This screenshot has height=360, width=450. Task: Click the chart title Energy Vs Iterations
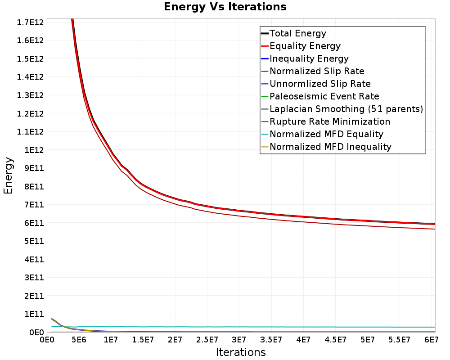click(225, 7)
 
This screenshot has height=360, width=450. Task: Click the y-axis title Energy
click(8, 175)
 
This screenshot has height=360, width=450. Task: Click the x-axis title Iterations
click(241, 352)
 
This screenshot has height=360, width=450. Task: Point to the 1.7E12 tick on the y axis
click(31, 22)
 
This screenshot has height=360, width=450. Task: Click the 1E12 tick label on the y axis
click(34, 150)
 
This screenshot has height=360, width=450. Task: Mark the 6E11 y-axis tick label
click(34, 223)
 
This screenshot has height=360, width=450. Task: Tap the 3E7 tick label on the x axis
click(239, 340)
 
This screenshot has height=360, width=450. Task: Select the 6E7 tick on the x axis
click(432, 340)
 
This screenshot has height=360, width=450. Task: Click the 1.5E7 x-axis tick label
click(143, 340)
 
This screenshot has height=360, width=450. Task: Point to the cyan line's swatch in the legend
click(265, 135)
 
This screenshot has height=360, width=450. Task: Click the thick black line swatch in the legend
click(265, 33)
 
